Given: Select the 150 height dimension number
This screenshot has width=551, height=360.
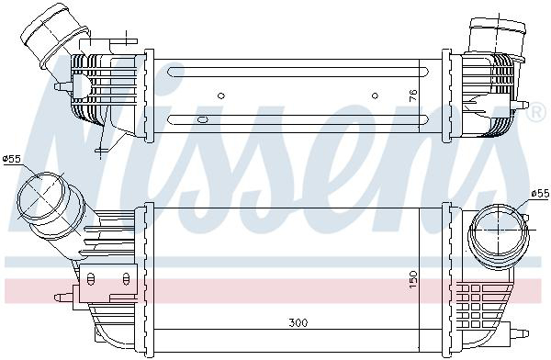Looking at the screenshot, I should [414, 276].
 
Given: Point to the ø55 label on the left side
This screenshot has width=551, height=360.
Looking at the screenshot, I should [12, 160].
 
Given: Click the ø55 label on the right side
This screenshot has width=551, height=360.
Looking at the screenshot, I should [539, 195].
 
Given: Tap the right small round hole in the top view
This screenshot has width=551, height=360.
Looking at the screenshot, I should [375, 94].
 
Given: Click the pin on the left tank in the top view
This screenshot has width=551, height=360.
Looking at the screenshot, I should [60, 87].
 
